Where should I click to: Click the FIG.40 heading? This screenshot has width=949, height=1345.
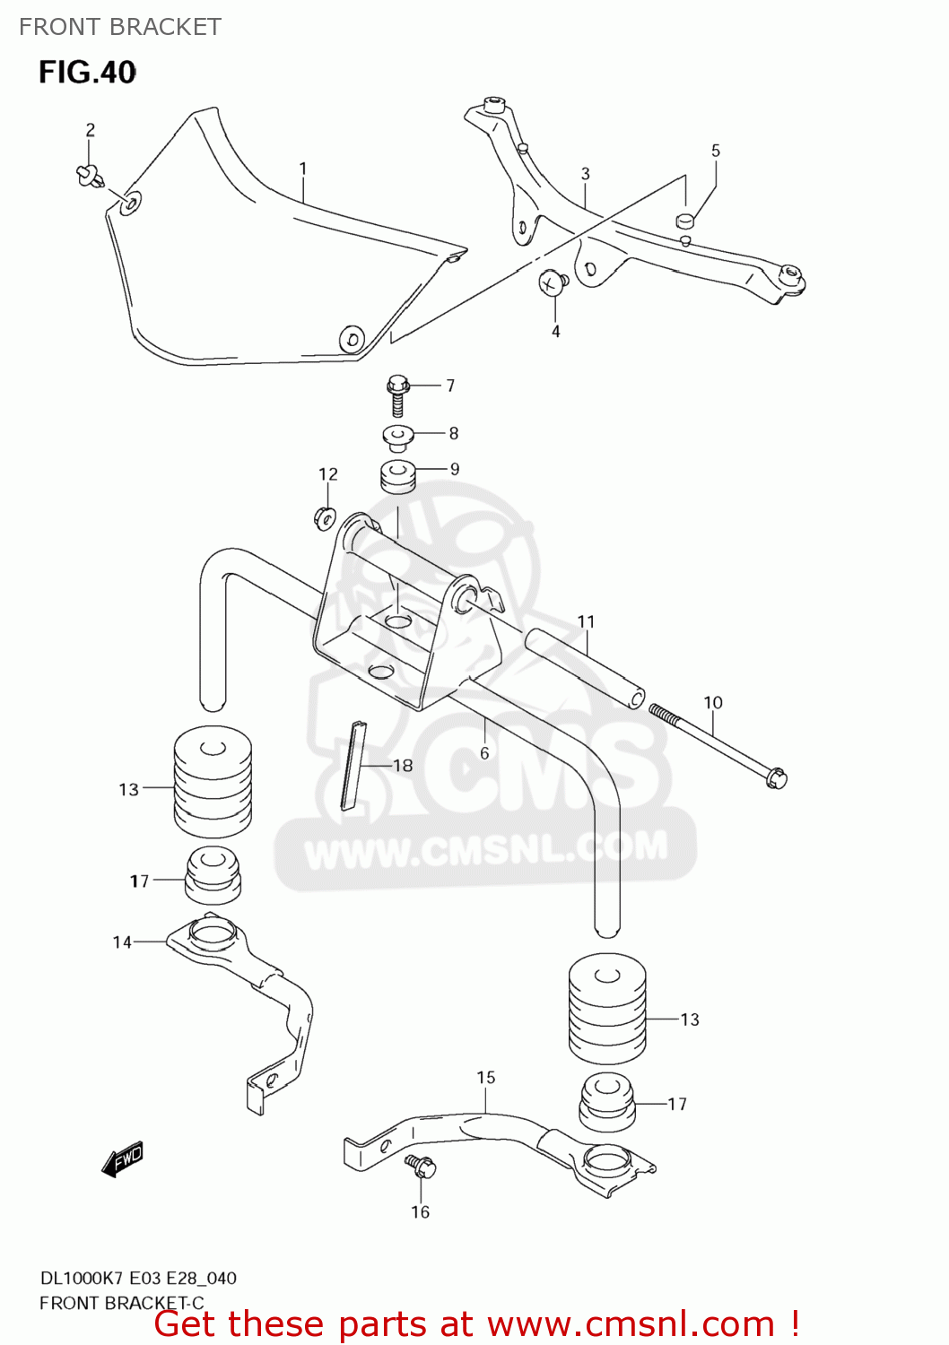87,72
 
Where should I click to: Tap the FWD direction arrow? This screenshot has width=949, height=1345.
123,1158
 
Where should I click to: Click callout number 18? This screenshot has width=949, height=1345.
403,765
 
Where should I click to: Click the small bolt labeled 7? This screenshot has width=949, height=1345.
397,395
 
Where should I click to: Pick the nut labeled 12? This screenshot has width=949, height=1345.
325,517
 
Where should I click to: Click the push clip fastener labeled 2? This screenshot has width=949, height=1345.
89,174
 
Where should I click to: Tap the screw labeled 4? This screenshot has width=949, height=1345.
552,282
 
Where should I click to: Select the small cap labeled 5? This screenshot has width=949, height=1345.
685,220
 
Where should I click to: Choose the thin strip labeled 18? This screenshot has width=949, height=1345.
352,764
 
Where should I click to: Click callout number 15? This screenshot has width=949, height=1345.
486,1077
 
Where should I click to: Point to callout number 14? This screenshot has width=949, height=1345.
122,941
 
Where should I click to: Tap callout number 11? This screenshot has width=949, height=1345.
586,621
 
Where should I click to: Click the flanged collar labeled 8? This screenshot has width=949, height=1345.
397,437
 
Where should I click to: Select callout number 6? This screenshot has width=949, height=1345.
484,753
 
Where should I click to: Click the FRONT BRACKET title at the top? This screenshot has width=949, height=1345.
120,27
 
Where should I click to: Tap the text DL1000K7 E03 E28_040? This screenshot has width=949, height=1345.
138,1278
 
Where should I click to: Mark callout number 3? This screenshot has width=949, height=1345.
585,174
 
